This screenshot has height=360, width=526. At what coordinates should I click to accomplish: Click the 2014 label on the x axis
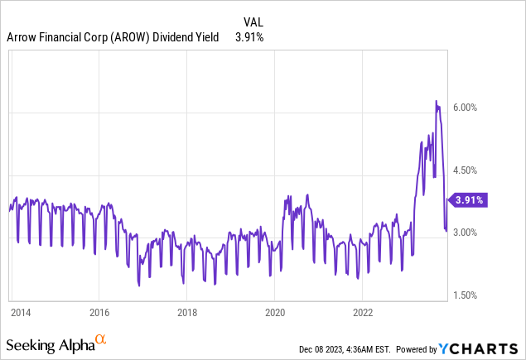point(21,312)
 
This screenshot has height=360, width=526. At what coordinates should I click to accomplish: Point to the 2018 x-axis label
point(186,312)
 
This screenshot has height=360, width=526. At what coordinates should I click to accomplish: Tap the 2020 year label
point(275,312)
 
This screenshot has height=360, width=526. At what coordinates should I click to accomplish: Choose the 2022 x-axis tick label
point(363,312)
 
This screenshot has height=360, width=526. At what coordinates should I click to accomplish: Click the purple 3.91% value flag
point(466,199)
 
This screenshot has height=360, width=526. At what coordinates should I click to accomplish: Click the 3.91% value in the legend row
point(248,37)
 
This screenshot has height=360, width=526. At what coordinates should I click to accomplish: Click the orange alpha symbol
point(101,339)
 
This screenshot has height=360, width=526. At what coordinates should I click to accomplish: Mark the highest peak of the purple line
point(436,102)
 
